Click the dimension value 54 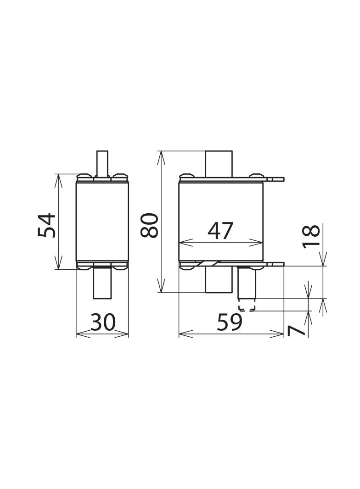click(x=47, y=225)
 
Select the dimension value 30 click(x=103, y=322)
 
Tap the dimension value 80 click(x=149, y=225)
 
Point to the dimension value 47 click(x=220, y=231)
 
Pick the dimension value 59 click(x=230, y=322)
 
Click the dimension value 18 click(x=311, y=235)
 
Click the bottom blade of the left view click(x=102, y=283)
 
